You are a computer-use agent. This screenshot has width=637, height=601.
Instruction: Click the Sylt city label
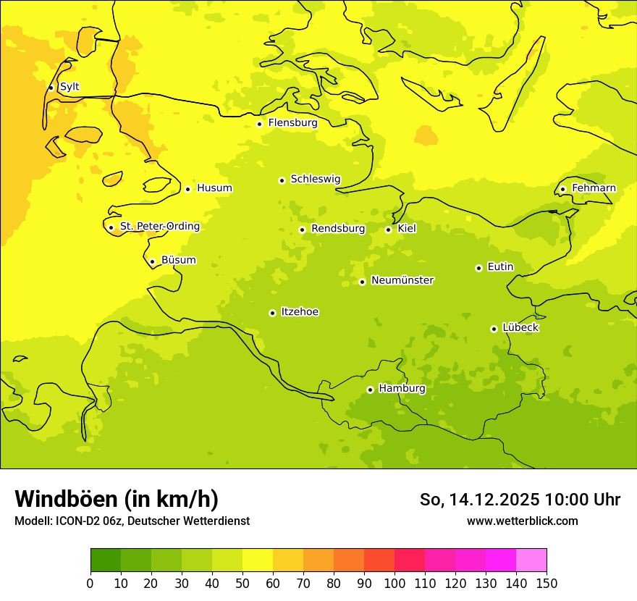(x=69, y=87)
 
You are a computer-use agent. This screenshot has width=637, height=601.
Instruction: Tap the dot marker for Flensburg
(x=259, y=124)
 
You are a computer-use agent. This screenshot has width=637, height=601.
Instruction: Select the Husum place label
(x=214, y=188)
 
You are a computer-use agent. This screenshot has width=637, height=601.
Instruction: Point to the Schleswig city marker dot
(x=282, y=180)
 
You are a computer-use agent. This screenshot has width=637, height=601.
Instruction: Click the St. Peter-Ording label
(x=159, y=227)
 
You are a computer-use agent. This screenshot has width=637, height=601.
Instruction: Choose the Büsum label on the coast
(x=178, y=261)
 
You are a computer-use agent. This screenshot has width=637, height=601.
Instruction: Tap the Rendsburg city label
(x=338, y=229)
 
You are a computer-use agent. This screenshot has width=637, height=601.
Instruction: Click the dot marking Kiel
(x=388, y=230)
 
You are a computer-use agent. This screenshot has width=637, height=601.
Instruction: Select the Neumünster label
(x=402, y=280)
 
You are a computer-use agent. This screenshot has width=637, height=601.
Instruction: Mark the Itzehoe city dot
(x=272, y=313)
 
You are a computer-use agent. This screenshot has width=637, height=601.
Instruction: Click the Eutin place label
(x=500, y=267)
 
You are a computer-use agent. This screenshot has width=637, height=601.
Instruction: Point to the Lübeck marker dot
(x=494, y=329)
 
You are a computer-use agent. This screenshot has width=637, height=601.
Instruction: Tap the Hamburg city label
(x=402, y=389)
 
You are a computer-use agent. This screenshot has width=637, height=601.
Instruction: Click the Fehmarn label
(x=594, y=188)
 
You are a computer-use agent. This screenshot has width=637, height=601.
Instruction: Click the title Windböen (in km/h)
(x=117, y=499)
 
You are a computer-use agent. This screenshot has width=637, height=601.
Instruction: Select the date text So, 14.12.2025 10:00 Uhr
(x=520, y=500)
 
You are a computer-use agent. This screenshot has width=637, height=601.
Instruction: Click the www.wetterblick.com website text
(x=522, y=521)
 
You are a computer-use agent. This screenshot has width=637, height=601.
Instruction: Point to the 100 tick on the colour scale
(x=395, y=583)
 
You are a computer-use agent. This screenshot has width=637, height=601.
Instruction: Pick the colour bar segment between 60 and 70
(x=288, y=560)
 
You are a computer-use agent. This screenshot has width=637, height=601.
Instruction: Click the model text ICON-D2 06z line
(x=132, y=521)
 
